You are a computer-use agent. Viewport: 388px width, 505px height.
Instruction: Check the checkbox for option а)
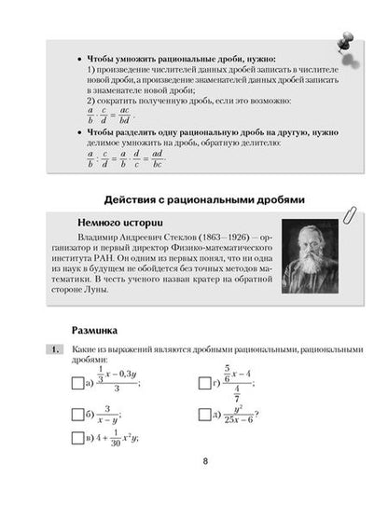point(76,382)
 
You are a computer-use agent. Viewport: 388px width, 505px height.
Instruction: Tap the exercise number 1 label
point(55,349)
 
